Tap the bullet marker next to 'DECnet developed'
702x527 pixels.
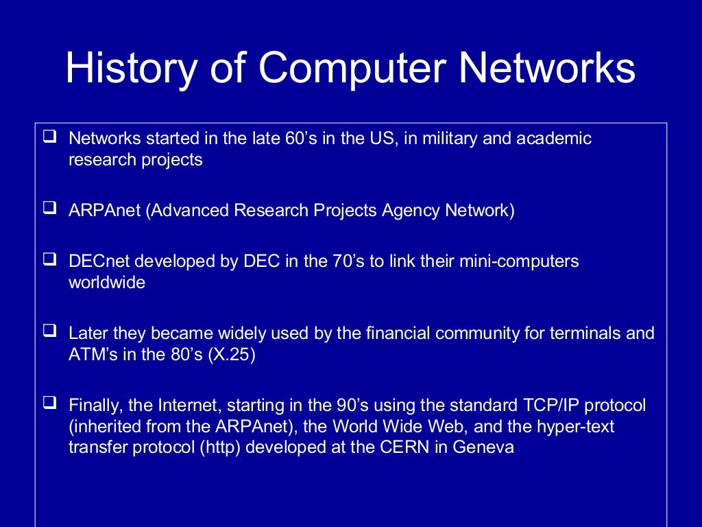click(49, 260)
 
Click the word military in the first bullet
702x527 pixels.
click(446, 139)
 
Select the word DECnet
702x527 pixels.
click(97, 261)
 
